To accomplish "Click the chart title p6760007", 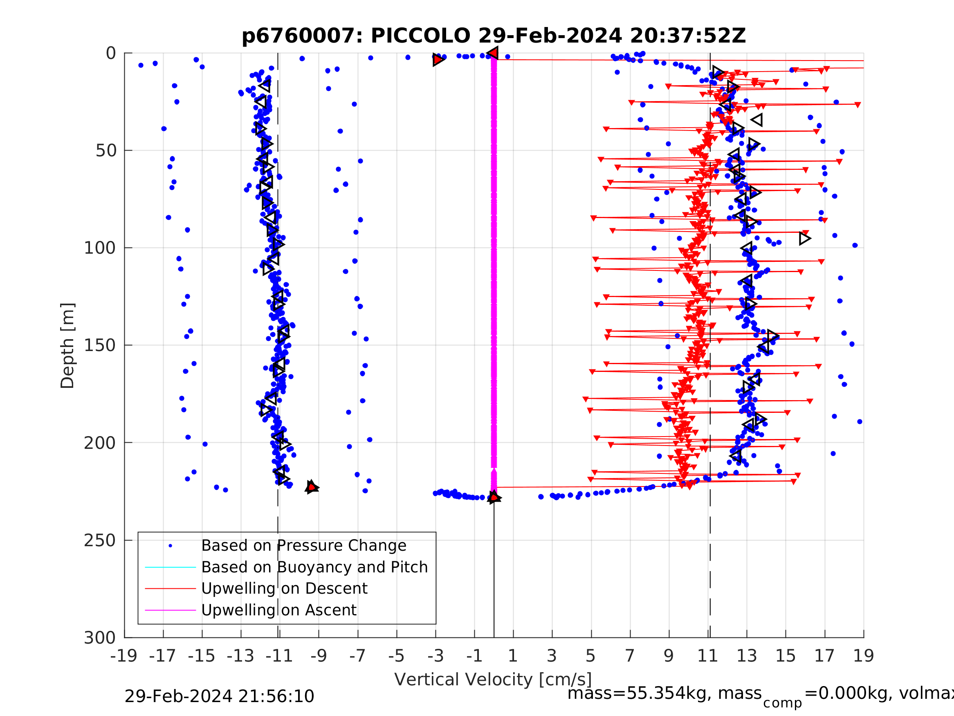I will point(494,36).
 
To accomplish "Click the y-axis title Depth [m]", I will point(68,346).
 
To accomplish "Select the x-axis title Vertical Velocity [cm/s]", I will point(493,679).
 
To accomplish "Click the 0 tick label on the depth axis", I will point(111,54).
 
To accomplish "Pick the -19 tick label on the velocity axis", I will point(124,656).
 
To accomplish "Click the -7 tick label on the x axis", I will point(357,656).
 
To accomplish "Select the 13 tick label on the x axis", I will point(747,656).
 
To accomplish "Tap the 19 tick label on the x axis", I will point(864,656).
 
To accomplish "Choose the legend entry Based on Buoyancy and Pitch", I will point(314,567).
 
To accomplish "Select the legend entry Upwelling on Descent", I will point(284,589).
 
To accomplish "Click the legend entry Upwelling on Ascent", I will point(278,610).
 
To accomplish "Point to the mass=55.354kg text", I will point(664,693).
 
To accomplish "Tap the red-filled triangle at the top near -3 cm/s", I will point(438,60).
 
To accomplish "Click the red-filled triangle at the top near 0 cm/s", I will point(493,53).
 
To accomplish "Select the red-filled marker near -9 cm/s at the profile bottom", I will point(311,487).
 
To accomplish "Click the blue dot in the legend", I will point(171,546).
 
